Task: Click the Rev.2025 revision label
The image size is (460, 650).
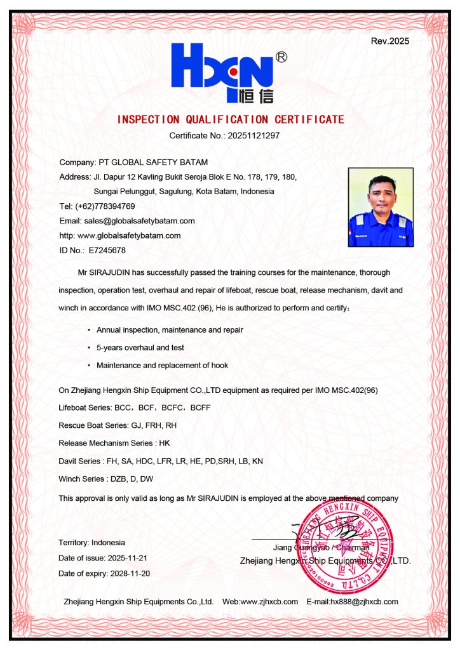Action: (389, 42)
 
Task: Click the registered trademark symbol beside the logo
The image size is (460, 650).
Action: (281, 58)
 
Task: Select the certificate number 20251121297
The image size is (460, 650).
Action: (254, 135)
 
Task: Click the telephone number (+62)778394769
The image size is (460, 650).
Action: (105, 206)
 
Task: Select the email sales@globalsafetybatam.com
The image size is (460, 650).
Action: (139, 221)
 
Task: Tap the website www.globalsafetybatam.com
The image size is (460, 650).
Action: (129, 235)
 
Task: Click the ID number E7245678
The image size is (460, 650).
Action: (107, 250)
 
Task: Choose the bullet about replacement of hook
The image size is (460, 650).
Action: (162, 366)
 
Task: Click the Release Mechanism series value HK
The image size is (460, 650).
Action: (165, 443)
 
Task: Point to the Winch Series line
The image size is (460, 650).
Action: (105, 479)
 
